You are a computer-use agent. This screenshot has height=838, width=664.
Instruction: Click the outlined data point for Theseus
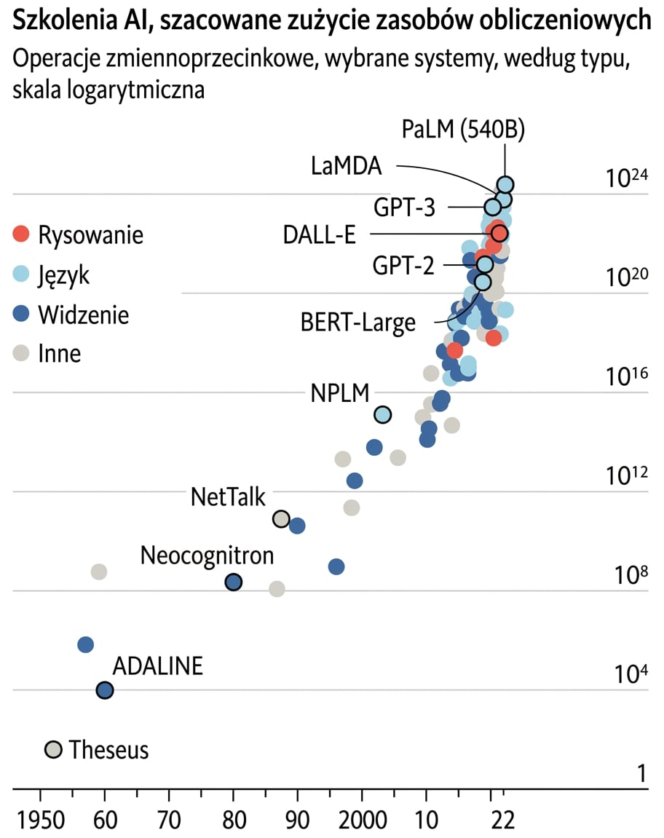pyautogui.click(x=53, y=750)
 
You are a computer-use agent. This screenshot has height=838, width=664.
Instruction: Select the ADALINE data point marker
pyautogui.click(x=105, y=690)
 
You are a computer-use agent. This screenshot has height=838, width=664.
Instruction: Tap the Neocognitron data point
pyautogui.click(x=233, y=582)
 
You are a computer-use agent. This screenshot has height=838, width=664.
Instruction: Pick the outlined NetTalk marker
pyautogui.click(x=281, y=518)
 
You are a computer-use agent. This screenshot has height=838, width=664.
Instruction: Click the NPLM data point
pyautogui.click(x=383, y=414)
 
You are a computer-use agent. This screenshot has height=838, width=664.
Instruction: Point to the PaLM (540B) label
pyautogui.click(x=463, y=130)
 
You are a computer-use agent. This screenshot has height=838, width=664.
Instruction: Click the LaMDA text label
pyautogui.click(x=347, y=166)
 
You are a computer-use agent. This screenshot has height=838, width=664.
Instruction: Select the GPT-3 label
pyautogui.click(x=404, y=207)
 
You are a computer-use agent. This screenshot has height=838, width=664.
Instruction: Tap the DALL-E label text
pyautogui.click(x=319, y=234)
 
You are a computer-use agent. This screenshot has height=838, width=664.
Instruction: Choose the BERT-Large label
pyautogui.click(x=357, y=323)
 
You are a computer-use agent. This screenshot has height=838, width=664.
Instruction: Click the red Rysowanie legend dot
pyautogui.click(x=21, y=234)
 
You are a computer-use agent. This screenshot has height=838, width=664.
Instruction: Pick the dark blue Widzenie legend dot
pyautogui.click(x=21, y=314)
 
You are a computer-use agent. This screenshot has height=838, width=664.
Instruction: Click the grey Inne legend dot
pyautogui.click(x=21, y=352)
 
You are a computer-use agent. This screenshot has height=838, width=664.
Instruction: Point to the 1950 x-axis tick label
pyautogui.click(x=41, y=820)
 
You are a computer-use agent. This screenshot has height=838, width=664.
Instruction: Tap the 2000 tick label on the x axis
pyautogui.click(x=363, y=820)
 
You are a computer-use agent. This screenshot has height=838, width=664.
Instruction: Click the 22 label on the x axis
pyautogui.click(x=502, y=820)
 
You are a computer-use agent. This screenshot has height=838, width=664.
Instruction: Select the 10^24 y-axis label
pyautogui.click(x=626, y=177)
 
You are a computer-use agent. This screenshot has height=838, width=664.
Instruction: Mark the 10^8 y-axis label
pyautogui.click(x=631, y=574)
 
